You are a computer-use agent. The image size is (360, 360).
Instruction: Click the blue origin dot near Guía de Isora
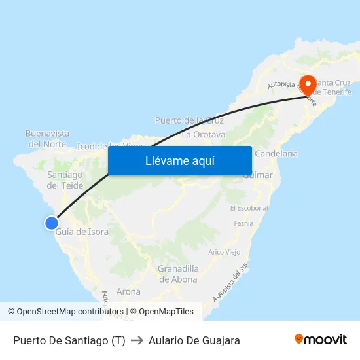(51, 223)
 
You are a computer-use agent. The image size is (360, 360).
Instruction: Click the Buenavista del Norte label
(47, 138)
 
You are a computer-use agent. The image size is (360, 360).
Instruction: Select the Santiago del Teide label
(65, 180)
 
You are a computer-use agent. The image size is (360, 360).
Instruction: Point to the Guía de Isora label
(82, 232)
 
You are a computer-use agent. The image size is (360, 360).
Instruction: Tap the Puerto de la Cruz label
(189, 120)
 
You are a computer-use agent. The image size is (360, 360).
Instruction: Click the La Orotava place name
(204, 135)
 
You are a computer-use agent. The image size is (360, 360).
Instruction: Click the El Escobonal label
(249, 208)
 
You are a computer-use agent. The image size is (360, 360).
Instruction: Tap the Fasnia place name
(243, 223)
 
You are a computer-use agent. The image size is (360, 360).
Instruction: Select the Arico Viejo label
(224, 252)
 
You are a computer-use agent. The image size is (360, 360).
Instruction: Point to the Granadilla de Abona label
(178, 274)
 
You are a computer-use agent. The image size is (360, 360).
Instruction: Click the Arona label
(128, 291)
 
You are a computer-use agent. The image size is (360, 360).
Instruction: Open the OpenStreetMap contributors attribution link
(70, 312)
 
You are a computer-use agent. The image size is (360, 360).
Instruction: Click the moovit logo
(320, 340)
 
